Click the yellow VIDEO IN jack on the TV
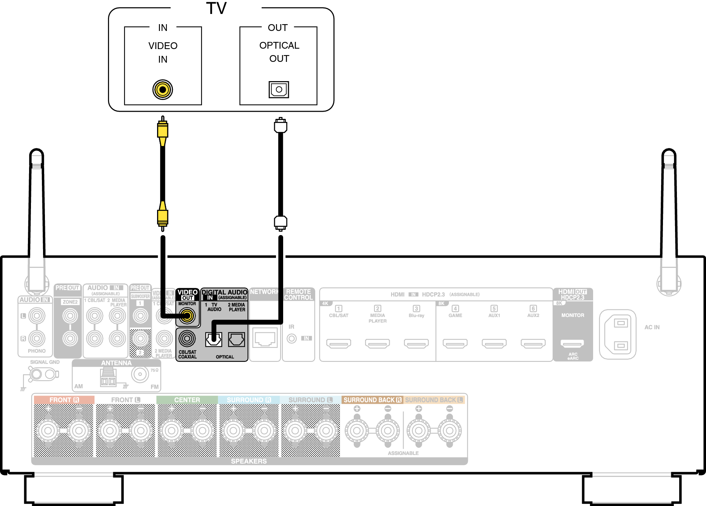pos(163,90)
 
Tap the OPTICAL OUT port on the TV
pos(279,89)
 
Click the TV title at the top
pos(216,8)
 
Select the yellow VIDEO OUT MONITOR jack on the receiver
pos(187,316)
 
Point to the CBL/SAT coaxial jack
pos(187,338)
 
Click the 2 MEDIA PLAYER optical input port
pos(236,339)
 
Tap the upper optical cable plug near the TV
pos(281,126)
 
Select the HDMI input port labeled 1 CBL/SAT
pos(339,343)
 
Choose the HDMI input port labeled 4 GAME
pos(455,343)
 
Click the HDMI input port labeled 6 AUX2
pos(533,343)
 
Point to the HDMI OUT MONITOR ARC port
pos(572,343)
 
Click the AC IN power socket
pos(618,334)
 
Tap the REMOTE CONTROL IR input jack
pos(291,338)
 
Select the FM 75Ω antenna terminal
pos(140,374)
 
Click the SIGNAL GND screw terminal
pos(36,374)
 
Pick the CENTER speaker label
pos(187,400)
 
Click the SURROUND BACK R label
pos(372,400)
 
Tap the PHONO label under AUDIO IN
pos(37,351)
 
